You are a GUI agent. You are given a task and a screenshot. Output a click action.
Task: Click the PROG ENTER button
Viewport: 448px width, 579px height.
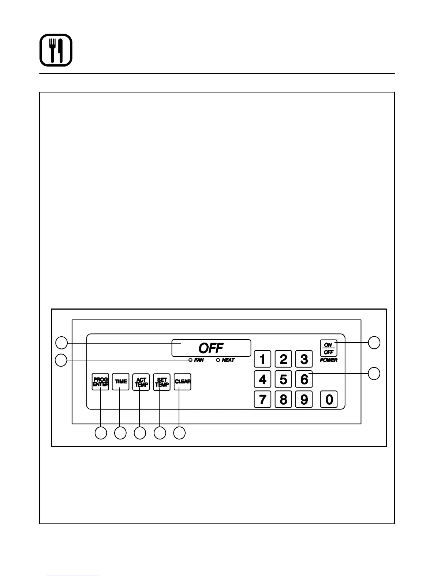(x=100, y=382)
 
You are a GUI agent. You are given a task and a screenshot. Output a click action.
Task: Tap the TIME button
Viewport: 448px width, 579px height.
(x=121, y=382)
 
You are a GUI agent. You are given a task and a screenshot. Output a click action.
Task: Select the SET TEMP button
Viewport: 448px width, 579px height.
(x=162, y=382)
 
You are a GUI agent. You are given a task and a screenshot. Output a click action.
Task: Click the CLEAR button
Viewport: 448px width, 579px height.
(x=182, y=382)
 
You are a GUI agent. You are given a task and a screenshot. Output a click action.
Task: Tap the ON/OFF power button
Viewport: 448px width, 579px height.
(x=328, y=348)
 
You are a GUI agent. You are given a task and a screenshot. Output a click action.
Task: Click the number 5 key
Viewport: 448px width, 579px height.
(x=283, y=379)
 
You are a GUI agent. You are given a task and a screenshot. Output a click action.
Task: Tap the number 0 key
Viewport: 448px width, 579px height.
(x=329, y=399)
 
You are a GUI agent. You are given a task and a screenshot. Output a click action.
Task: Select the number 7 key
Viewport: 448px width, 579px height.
(x=262, y=399)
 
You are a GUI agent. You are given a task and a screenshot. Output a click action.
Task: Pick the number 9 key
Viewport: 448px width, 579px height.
(x=304, y=399)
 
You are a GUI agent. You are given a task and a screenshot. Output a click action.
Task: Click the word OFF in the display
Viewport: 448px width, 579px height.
(x=211, y=348)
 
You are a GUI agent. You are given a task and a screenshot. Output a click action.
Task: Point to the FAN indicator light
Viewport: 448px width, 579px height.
(x=190, y=360)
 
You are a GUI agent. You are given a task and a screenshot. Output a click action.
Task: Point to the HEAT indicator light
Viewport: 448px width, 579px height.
(x=218, y=360)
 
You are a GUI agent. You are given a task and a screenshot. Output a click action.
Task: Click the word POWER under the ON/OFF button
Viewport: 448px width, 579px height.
(x=329, y=360)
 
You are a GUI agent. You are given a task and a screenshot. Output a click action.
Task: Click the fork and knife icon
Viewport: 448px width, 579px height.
(x=56, y=50)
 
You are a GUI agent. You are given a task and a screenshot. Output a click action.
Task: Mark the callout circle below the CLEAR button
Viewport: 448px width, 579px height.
(x=179, y=433)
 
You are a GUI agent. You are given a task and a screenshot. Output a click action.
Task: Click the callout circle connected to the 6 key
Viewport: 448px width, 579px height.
(x=374, y=374)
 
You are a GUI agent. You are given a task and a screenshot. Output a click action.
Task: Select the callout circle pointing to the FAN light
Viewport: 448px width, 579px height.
(x=61, y=360)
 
